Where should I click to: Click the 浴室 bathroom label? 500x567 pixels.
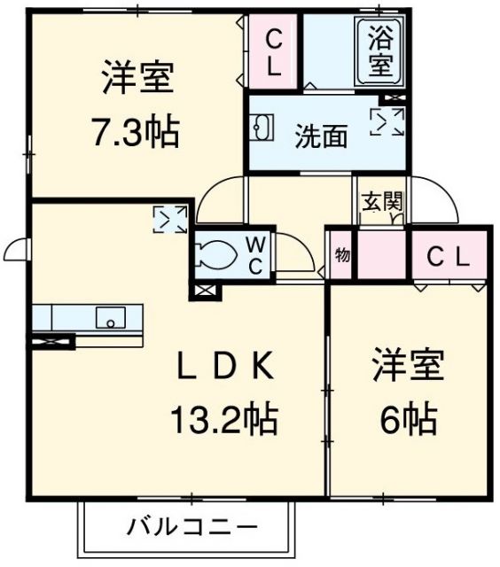380,51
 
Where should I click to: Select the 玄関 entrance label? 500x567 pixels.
381,201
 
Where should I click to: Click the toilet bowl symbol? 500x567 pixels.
216,255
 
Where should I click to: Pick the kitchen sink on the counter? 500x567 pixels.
111,316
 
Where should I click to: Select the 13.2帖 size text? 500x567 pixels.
221,418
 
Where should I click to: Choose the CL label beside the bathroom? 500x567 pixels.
273,51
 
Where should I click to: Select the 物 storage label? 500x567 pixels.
342,255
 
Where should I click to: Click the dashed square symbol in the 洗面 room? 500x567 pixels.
387,122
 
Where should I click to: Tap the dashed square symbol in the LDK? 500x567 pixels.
169,219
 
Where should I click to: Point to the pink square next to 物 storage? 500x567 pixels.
380,254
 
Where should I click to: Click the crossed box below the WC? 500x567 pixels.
203,289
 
